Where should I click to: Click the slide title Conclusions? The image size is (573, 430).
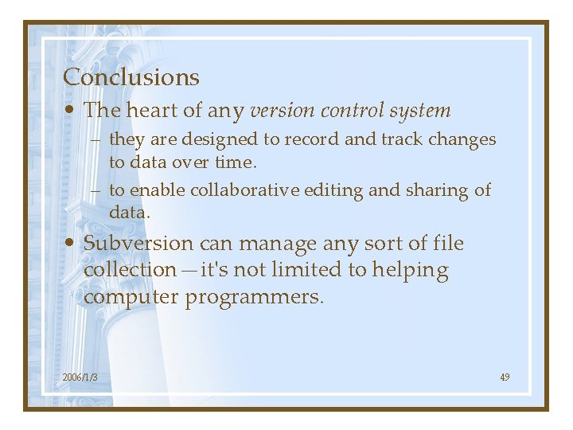(x=131, y=77)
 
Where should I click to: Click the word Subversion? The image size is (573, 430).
(x=138, y=244)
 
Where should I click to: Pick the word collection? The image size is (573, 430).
(x=129, y=270)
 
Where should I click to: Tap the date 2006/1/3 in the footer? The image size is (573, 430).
(x=80, y=377)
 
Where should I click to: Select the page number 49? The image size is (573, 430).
(x=505, y=377)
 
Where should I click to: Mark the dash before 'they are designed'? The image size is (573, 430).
(x=95, y=140)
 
